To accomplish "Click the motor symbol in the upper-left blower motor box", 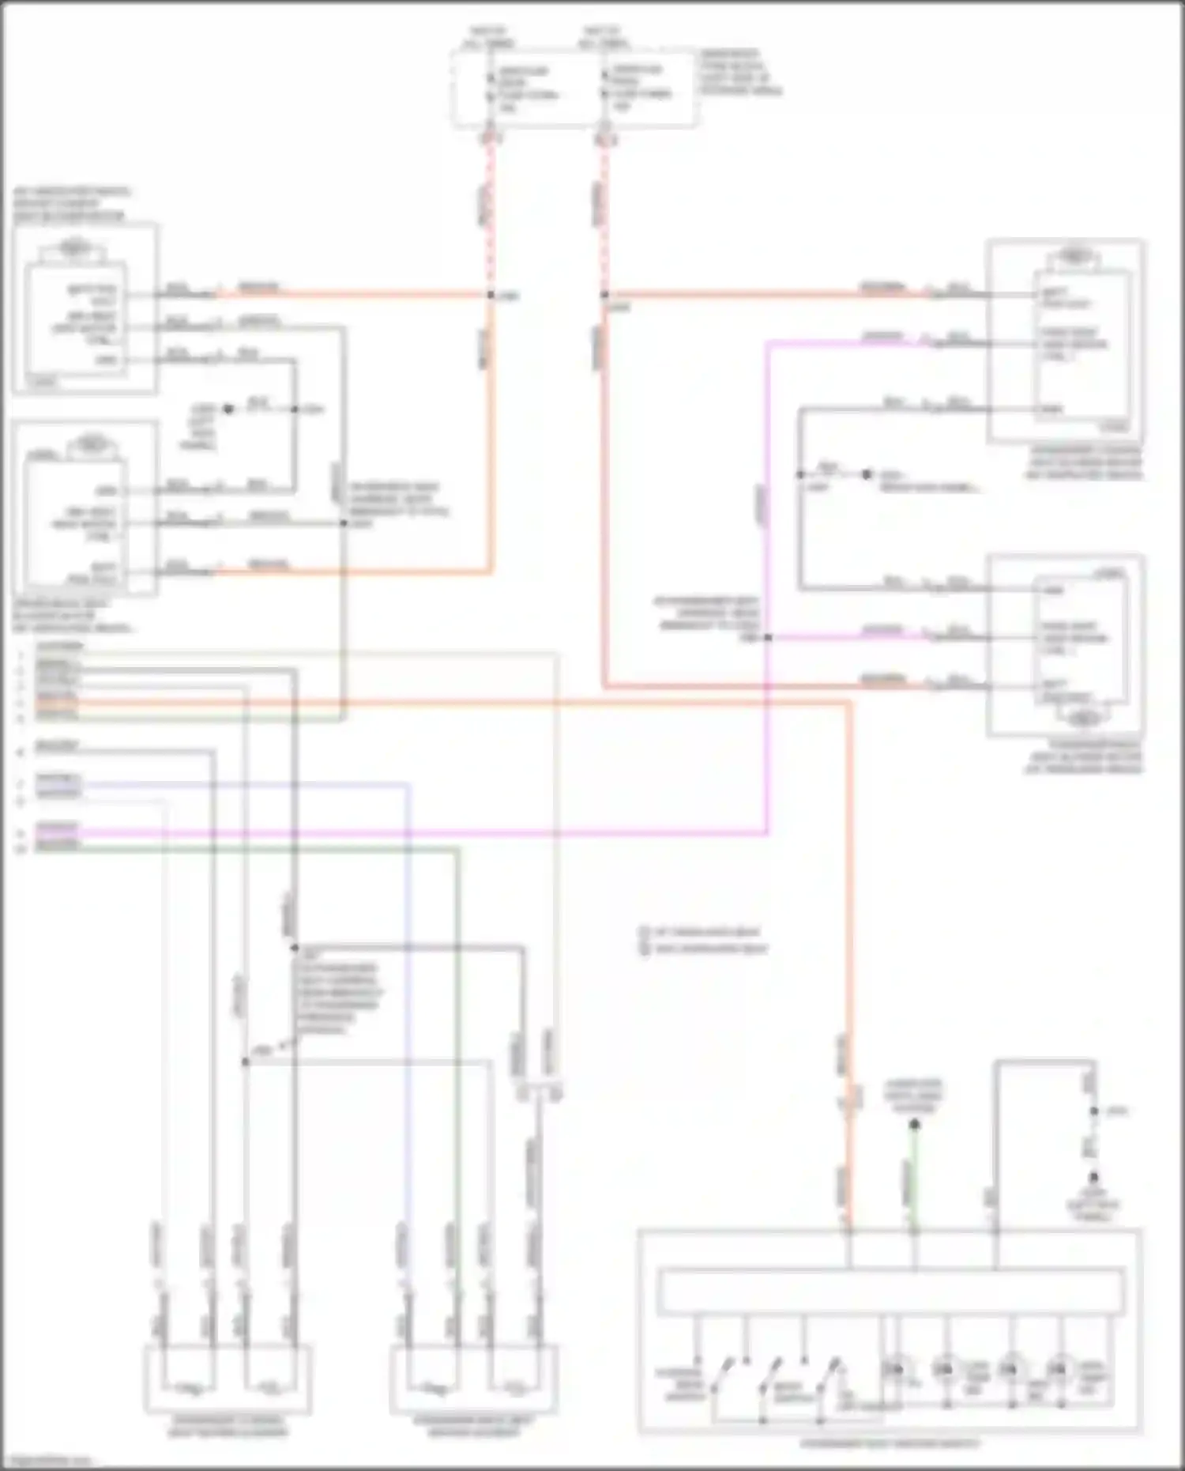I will pyautogui.click(x=73, y=247).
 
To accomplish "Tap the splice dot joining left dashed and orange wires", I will pyautogui.click(x=491, y=295).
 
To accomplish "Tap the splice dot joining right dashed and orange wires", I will pyautogui.click(x=604, y=295).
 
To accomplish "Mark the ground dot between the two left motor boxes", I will pyautogui.click(x=228, y=409).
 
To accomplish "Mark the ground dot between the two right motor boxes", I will pyautogui.click(x=867, y=474).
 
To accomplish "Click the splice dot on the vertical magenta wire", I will pyautogui.click(x=767, y=637).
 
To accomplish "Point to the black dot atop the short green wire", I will pyautogui.click(x=914, y=1124).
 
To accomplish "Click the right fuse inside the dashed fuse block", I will pyautogui.click(x=606, y=84).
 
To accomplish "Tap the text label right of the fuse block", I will pyautogui.click(x=739, y=73).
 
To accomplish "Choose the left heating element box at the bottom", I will pyautogui.click(x=228, y=1380).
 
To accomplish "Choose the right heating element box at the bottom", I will pyautogui.click(x=473, y=1380).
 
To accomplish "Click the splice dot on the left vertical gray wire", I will pyautogui.click(x=245, y=1062).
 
